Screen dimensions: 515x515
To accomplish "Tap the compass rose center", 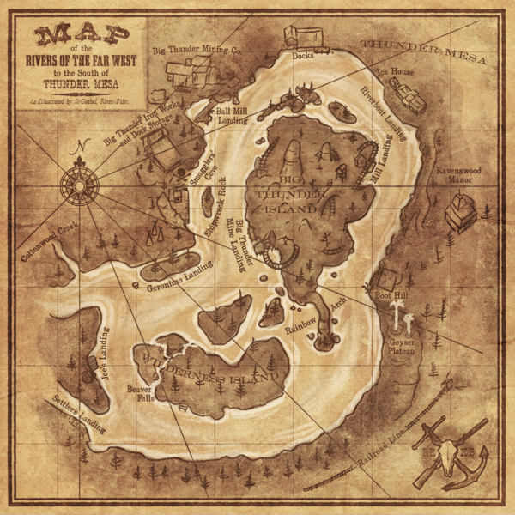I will (83, 181).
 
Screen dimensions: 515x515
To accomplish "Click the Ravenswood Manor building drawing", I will (460, 210).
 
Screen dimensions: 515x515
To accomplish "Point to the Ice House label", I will (397, 72).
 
